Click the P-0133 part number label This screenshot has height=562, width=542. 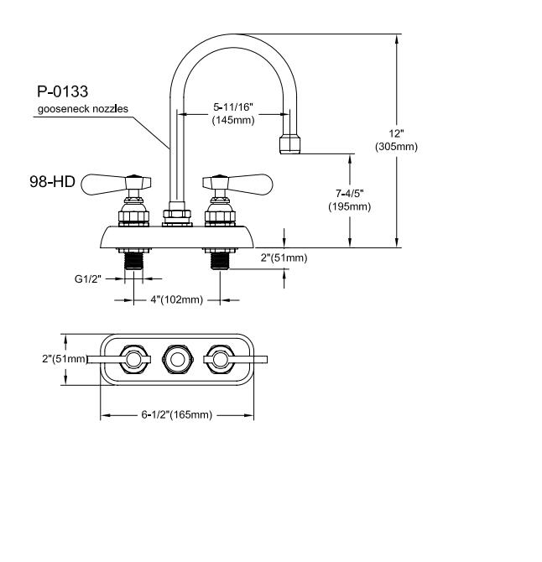click(62, 91)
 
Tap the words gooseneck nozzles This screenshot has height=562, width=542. click(83, 109)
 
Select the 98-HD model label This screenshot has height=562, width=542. click(52, 182)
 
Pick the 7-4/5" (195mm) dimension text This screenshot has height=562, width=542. click(350, 200)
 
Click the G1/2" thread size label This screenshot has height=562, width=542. click(88, 278)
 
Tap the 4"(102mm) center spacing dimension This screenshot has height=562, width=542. click(177, 299)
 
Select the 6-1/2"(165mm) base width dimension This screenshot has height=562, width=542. click(177, 414)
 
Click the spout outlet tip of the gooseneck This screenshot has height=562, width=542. click(289, 144)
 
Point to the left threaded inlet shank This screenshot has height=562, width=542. click(133, 261)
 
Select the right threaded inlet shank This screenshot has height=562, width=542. click(220, 261)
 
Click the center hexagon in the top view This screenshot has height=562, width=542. click(177, 360)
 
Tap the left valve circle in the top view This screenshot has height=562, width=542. click(133, 360)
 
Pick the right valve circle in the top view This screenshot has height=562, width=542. click(220, 360)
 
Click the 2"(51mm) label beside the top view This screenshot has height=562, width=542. click(65, 359)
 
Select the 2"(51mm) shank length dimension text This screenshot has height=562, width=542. click(284, 258)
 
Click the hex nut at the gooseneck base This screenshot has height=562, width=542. click(177, 214)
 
